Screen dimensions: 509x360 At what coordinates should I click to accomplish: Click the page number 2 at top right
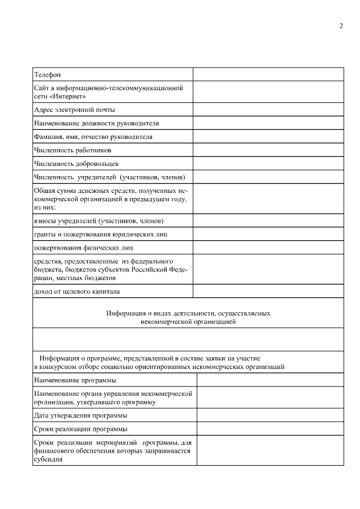coord(341,27)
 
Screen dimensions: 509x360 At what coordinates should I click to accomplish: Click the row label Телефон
coord(47,75)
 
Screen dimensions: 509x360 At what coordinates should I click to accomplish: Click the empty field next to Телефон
coord(268,74)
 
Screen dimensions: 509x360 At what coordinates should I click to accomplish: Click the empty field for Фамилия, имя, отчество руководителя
coord(268,137)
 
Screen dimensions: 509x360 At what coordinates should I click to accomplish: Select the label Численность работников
coord(73,150)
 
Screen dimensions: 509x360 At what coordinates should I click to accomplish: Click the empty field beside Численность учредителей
coord(268,177)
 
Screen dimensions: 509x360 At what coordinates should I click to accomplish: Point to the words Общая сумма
coord(54,192)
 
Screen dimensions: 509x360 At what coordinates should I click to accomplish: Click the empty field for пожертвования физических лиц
coord(268,247)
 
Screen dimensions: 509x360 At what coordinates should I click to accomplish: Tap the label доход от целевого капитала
coord(77,291)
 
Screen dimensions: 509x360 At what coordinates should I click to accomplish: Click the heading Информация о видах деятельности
coord(188,313)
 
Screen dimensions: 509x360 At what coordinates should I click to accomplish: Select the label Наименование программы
coord(71,380)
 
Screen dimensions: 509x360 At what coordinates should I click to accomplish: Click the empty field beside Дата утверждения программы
coord(270,416)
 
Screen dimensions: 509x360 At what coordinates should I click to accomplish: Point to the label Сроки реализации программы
coord(80,429)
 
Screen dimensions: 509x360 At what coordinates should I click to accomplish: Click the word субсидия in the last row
coord(48,459)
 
